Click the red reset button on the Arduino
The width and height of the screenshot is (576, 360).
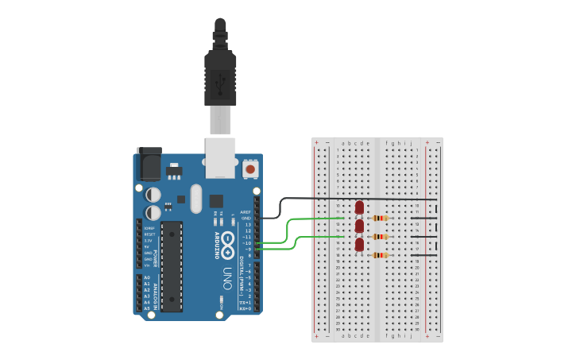point(250,168)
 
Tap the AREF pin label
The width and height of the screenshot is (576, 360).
point(246,212)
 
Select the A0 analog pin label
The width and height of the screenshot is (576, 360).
point(146,277)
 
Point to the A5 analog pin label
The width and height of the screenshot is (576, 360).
point(146,308)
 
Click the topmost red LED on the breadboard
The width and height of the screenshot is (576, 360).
point(359,207)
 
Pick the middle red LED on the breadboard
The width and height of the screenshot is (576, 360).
point(359,226)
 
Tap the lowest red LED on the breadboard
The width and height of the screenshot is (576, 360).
point(359,246)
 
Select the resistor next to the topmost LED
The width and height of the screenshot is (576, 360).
point(381,218)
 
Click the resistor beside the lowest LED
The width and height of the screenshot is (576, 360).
point(381,255)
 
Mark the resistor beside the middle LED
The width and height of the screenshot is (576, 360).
point(381,236)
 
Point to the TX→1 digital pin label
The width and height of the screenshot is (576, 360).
point(245,302)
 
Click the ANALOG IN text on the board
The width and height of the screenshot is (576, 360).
point(140,292)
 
